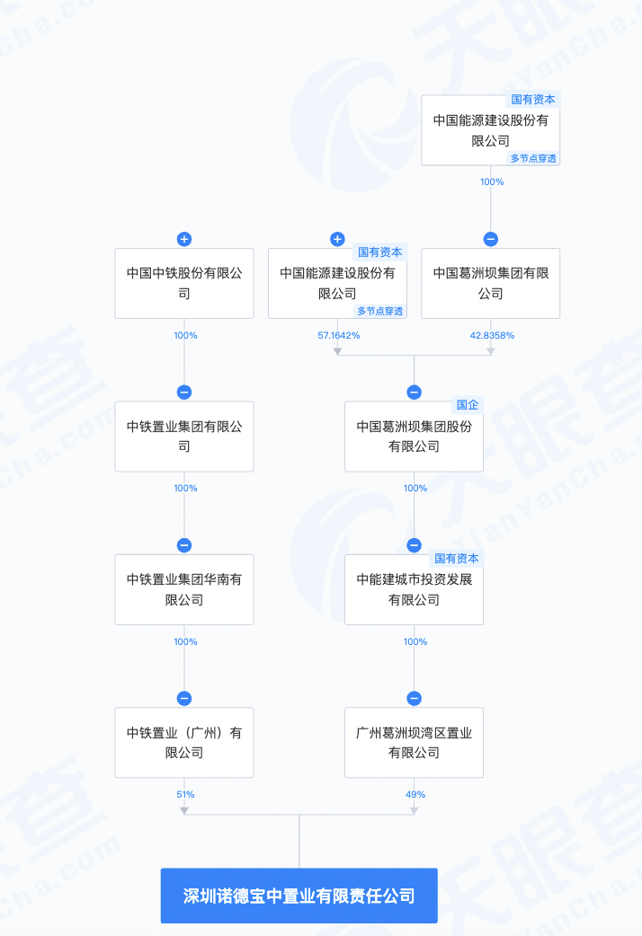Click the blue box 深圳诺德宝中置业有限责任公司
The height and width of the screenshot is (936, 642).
point(299,896)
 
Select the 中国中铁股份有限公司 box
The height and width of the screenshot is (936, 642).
point(184,284)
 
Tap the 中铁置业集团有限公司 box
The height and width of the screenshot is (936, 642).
point(184,437)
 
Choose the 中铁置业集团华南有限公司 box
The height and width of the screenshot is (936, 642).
point(184,590)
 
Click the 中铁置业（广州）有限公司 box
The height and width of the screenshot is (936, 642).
point(184,743)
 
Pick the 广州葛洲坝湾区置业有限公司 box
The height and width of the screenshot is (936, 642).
point(414,743)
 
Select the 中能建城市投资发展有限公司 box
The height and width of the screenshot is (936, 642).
point(414,590)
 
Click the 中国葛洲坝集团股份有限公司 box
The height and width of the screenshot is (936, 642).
point(414,437)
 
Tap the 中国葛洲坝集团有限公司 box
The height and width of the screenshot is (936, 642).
point(491,284)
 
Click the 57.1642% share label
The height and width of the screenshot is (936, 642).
point(339,335)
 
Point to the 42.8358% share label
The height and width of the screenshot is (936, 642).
point(492,335)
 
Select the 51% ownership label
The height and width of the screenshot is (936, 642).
point(185,795)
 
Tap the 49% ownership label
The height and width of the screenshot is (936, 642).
point(415,795)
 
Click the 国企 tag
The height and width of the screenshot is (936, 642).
point(468,405)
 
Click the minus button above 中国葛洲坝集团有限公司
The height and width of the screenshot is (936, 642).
point(491,239)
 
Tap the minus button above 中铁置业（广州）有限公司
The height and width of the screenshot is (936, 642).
point(184,699)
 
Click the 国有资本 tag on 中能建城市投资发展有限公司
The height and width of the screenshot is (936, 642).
point(457,558)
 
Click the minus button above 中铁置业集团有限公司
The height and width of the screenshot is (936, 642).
point(184,393)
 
